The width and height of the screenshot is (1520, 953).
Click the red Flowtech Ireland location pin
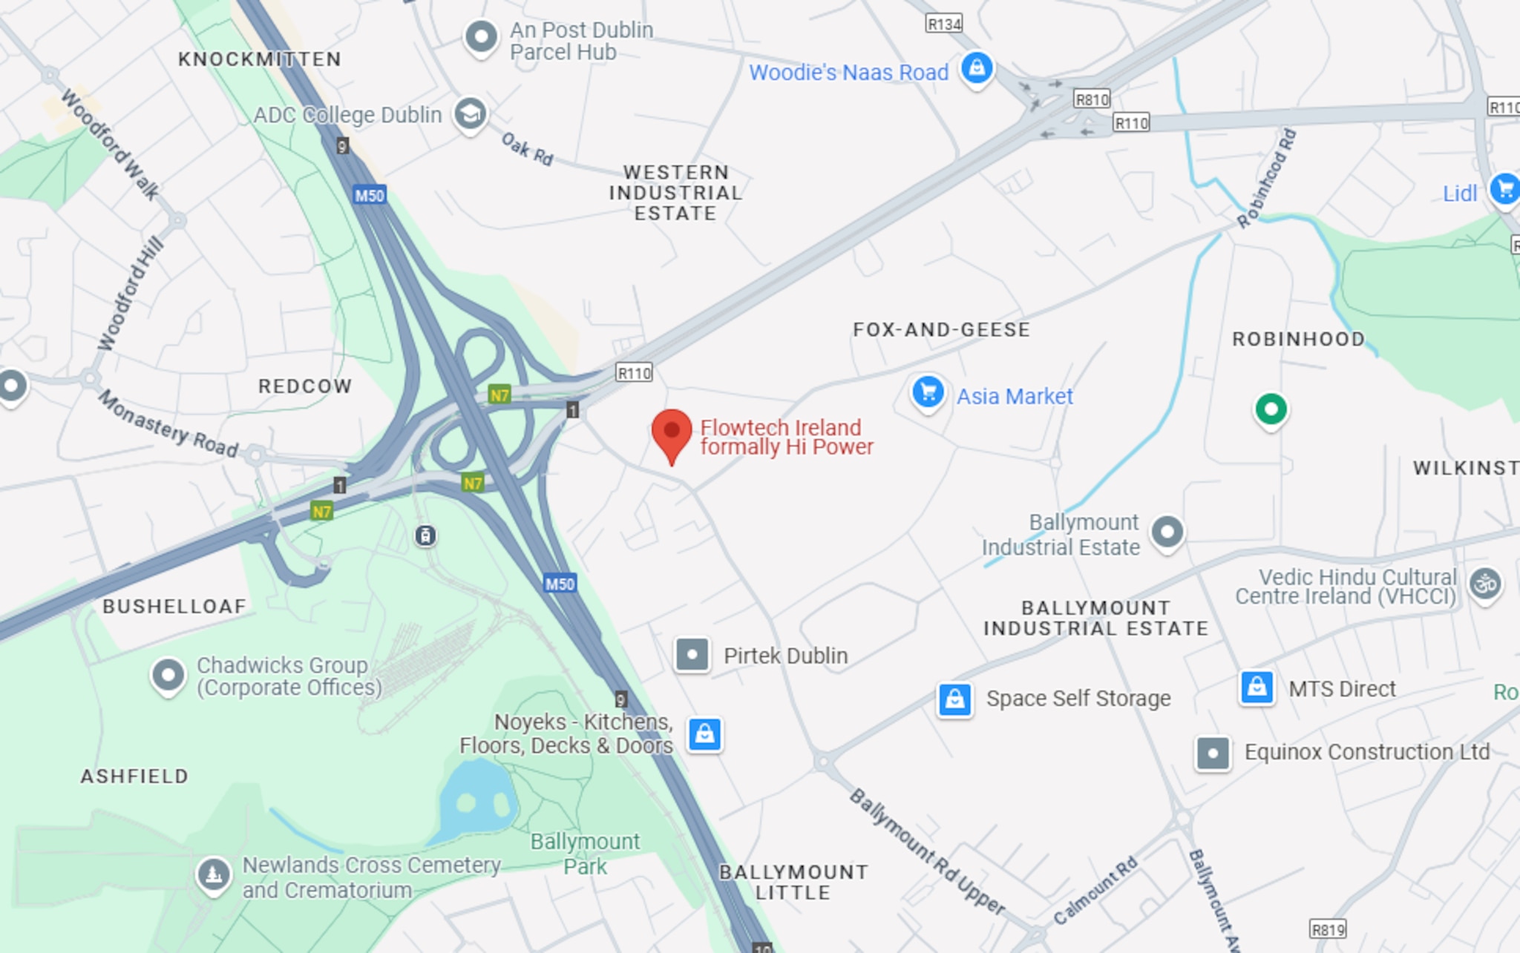[672, 432]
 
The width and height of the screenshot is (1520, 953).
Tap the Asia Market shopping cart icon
[928, 392]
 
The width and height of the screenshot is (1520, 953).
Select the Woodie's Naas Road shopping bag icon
[977, 68]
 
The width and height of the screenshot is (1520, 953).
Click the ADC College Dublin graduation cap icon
[471, 114]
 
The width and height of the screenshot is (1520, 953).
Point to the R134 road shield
[944, 24]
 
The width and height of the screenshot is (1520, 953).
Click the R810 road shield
[1092, 99]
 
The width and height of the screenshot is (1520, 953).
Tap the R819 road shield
[1328, 930]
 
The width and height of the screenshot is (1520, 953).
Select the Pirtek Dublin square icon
[692, 655]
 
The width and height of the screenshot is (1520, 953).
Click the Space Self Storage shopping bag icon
[954, 699]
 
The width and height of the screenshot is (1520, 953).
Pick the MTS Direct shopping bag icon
[1257, 687]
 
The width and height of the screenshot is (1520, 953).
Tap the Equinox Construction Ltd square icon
[1213, 753]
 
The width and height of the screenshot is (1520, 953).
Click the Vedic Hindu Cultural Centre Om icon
[1485, 584]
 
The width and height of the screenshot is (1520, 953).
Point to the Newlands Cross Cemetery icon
[214, 874]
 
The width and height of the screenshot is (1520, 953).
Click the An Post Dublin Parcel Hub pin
[481, 36]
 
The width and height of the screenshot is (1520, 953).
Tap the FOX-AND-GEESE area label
[941, 330]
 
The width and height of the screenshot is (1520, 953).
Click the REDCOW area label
[304, 386]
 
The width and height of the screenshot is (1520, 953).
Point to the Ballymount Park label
[585, 854]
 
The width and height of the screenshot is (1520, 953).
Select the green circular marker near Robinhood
[1271, 409]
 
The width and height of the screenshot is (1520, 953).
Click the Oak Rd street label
[527, 149]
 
